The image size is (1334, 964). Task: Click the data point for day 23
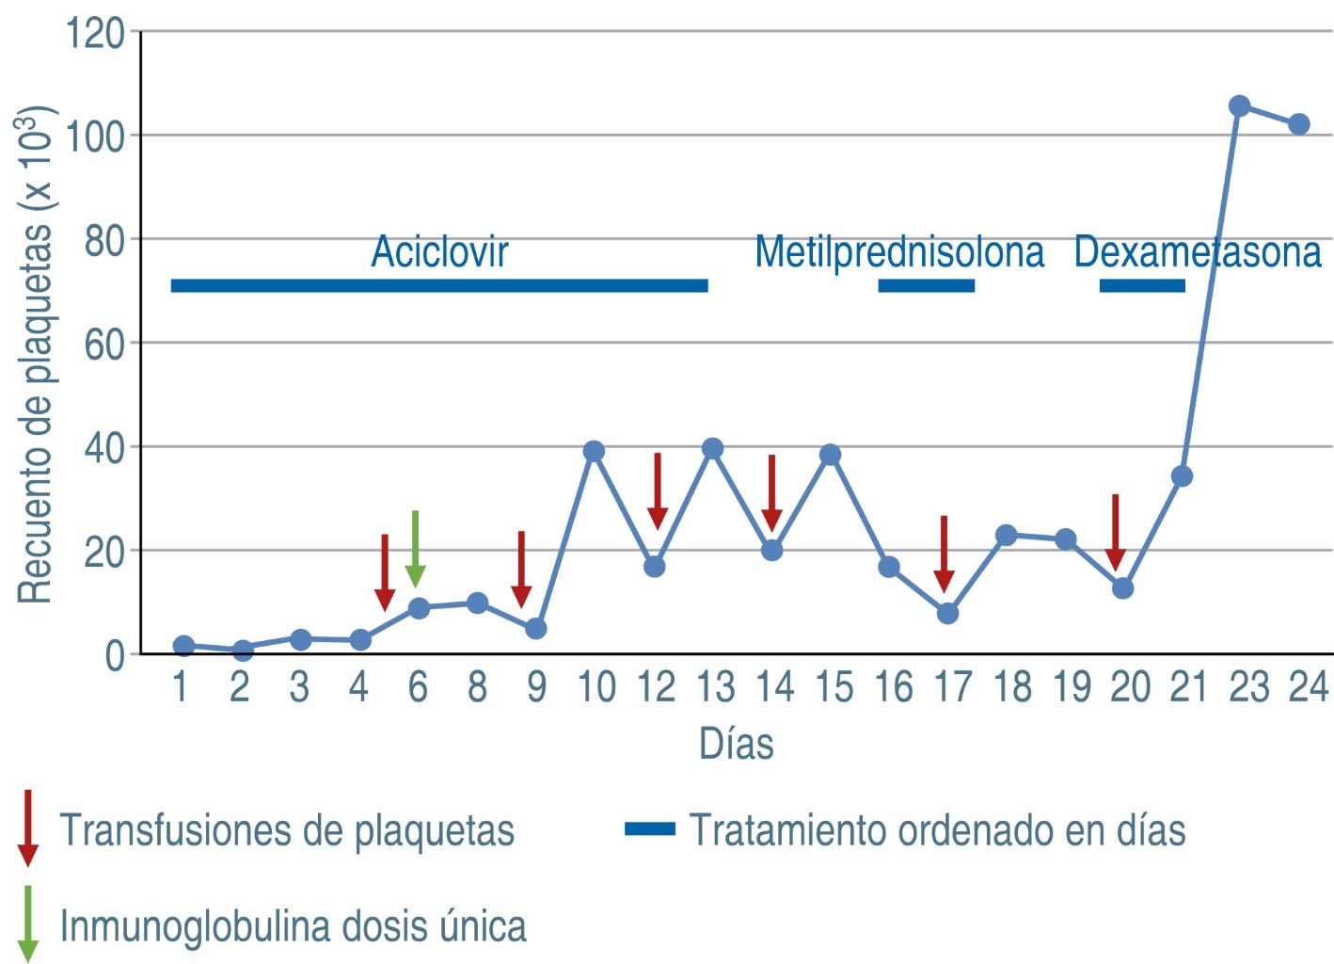click(x=1239, y=105)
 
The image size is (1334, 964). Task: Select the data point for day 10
click(x=594, y=452)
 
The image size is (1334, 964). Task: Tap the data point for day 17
click(x=947, y=614)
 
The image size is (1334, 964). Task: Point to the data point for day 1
click(x=184, y=646)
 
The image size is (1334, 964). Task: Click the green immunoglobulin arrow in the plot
click(x=415, y=549)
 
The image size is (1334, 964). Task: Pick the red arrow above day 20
click(x=1115, y=532)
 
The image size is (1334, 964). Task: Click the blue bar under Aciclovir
click(x=438, y=285)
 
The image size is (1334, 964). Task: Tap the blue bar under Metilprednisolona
click(x=926, y=285)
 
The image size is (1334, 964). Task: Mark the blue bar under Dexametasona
click(x=1142, y=285)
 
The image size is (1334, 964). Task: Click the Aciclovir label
click(x=439, y=251)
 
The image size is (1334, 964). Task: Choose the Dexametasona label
click(x=1197, y=252)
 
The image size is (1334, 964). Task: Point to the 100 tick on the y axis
click(x=95, y=137)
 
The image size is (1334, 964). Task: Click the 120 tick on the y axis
click(x=95, y=33)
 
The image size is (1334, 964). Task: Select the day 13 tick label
click(x=716, y=687)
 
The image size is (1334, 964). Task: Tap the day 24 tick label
click(x=1308, y=687)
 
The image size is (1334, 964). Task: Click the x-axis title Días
click(x=736, y=744)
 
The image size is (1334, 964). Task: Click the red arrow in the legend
click(x=28, y=827)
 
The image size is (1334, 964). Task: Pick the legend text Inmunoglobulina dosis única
click(x=293, y=926)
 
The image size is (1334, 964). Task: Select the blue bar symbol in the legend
click(x=650, y=829)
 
